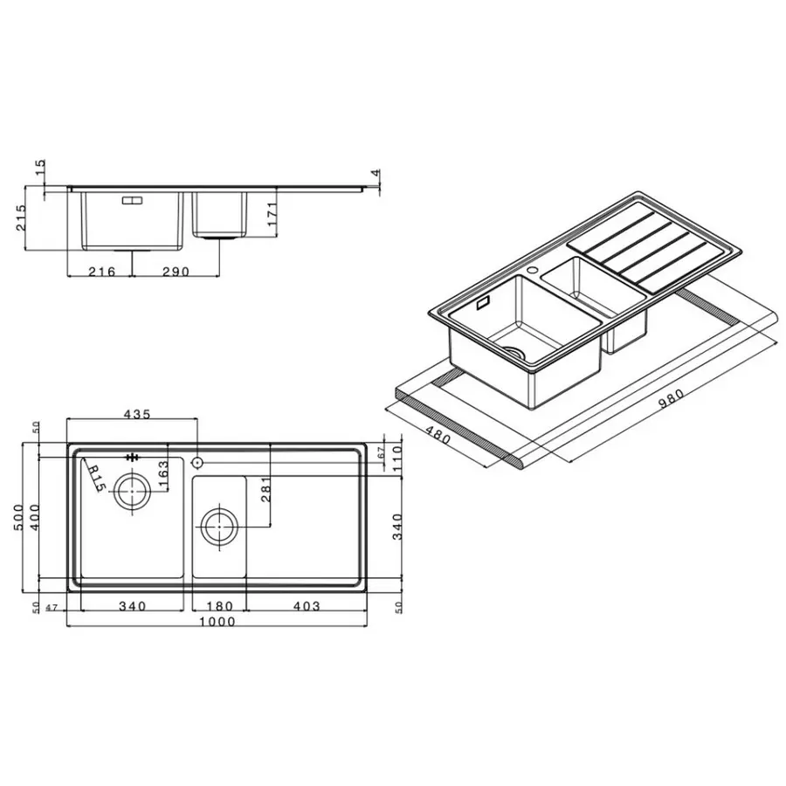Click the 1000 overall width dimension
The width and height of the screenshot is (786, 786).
coord(217,621)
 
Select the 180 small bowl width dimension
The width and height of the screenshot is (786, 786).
coord(217,605)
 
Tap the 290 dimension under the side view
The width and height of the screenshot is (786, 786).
coord(176,272)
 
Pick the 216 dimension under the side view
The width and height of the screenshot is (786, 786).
coord(103,272)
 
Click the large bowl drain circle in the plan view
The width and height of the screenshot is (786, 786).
coord(132,492)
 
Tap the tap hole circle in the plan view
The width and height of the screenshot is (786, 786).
coord(197,460)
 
